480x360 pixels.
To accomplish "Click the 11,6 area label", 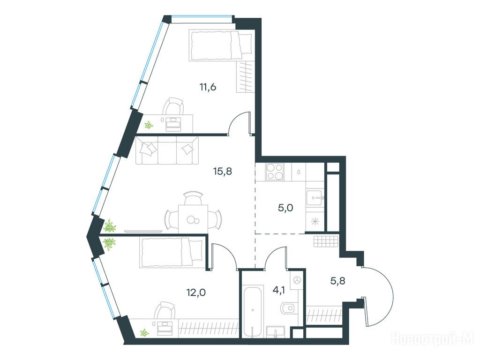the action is pyautogui.click(x=208, y=87).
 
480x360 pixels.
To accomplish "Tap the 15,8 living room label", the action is pyautogui.click(x=223, y=172).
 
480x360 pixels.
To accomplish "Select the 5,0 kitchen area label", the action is pyautogui.click(x=285, y=208).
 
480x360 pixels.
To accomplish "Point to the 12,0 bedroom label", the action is pyautogui.click(x=196, y=292).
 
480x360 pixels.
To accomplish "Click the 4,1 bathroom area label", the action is pyautogui.click(x=278, y=290).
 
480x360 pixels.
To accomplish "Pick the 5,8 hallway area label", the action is pyautogui.click(x=337, y=280).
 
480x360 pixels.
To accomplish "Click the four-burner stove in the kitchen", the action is pyautogui.click(x=275, y=172).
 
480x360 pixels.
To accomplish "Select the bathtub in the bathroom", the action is pyautogui.click(x=253, y=311).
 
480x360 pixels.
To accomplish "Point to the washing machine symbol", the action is pyautogui.click(x=297, y=280).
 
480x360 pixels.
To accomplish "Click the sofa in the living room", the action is pyautogui.click(x=167, y=150).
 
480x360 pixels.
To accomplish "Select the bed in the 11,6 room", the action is pyautogui.click(x=220, y=45).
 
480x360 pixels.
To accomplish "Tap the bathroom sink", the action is pyautogui.click(x=276, y=332).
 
